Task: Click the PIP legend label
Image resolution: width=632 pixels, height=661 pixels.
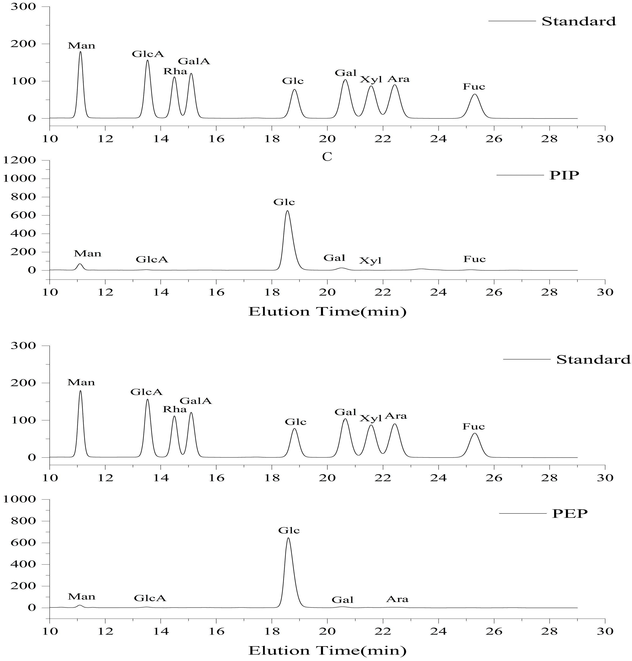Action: click(564, 175)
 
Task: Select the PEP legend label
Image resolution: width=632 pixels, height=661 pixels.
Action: click(570, 513)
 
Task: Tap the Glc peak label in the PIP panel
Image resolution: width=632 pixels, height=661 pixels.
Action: click(284, 202)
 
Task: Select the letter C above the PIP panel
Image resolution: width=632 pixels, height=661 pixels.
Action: click(327, 157)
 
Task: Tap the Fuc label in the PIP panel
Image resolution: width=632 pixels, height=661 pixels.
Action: click(474, 259)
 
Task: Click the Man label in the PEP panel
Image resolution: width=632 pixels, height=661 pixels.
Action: click(82, 597)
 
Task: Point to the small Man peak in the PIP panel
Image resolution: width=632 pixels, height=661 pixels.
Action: click(80, 266)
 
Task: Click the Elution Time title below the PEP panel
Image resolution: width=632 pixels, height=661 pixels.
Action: click(327, 650)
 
